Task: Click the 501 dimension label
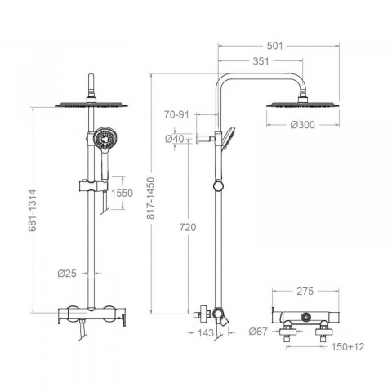point(274,46)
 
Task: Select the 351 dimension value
point(261,61)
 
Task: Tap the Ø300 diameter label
point(302,125)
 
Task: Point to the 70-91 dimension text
point(176,114)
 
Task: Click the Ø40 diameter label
point(175,139)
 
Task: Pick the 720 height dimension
point(188,227)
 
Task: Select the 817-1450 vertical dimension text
point(150,198)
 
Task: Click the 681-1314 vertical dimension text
point(33,211)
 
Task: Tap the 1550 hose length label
point(122,193)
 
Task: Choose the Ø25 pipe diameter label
point(67,273)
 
